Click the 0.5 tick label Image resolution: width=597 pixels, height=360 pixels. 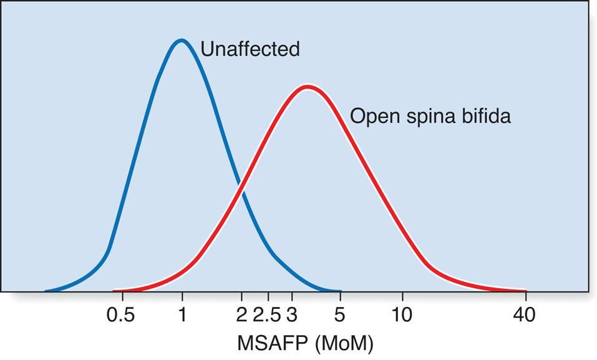[121, 315]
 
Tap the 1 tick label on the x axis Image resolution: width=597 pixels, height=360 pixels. [182, 315]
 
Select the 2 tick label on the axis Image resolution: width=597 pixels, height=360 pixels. [241, 315]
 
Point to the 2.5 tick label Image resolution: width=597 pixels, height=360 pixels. [267, 315]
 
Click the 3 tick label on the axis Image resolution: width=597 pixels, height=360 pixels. [291, 315]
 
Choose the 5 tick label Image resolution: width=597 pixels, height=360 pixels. [340, 315]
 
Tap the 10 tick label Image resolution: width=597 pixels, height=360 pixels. [402, 315]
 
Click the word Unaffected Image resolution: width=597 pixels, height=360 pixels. [250, 49]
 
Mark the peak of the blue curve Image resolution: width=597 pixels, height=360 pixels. [181, 41]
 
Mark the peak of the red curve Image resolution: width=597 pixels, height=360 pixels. [306, 87]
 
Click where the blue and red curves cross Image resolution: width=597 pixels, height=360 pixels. [240, 185]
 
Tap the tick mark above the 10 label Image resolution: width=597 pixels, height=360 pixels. [402, 297]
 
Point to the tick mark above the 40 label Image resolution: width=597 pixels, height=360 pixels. [525, 297]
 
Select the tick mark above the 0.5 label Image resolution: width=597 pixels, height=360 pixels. [121, 297]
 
